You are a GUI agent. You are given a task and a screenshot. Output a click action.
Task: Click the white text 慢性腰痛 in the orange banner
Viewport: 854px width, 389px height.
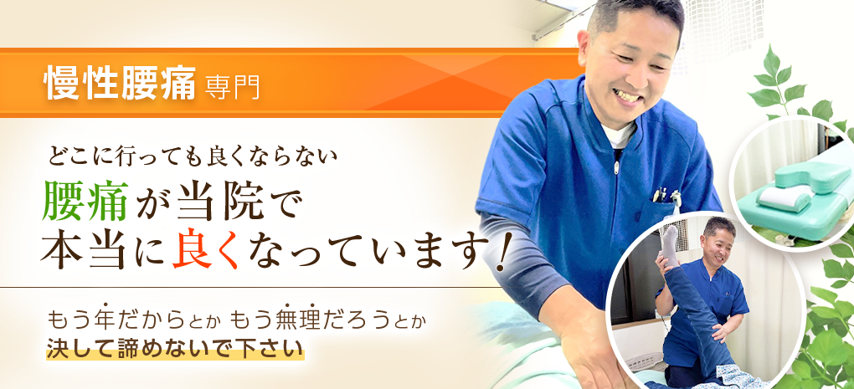(x=121, y=84)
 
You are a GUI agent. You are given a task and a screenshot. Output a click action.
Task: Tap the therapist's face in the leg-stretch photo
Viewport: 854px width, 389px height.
(x=718, y=240)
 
